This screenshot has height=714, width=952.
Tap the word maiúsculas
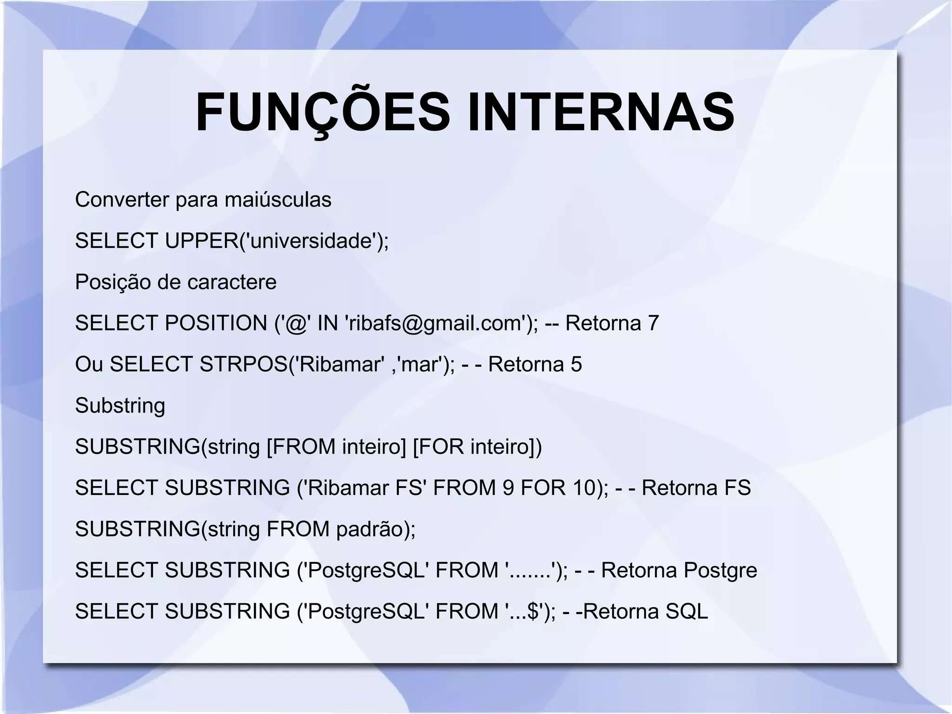(x=278, y=200)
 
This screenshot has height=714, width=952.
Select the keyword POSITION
(x=216, y=323)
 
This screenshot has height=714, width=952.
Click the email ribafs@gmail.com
(x=436, y=323)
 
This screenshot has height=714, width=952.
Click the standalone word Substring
(x=120, y=406)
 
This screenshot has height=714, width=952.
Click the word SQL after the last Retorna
(x=687, y=611)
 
